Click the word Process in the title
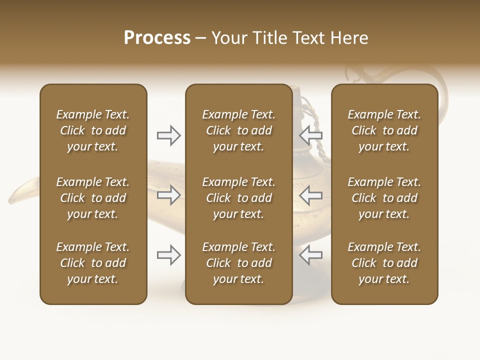157,38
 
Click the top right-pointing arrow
169,135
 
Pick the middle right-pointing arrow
169,195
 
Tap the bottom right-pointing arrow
169,255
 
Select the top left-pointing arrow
310,135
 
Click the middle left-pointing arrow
310,195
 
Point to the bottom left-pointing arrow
310,255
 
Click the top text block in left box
93,130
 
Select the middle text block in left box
93,198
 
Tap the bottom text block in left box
93,263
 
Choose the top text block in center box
238,130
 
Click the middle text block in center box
238,198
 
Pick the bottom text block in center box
238,263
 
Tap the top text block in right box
384,130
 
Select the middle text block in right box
384,198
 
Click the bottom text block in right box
384,263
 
